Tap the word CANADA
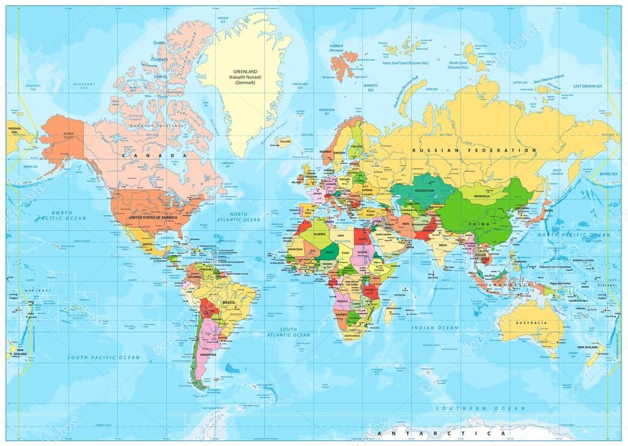(154, 156)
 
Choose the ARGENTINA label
(207, 355)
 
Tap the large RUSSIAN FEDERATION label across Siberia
(474, 150)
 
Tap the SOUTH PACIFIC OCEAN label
(104, 357)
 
